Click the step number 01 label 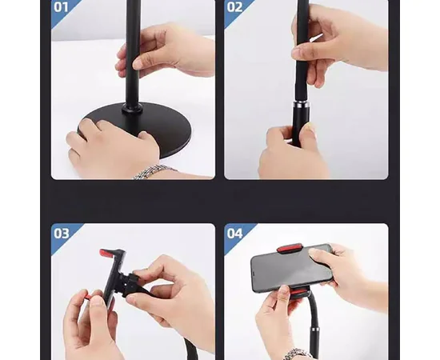coord(61,7)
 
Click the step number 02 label coord(234,7)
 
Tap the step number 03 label coord(61,233)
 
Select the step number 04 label coord(234,233)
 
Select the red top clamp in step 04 coord(290,249)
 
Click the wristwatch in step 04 coord(294,354)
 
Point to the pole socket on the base coord(132,108)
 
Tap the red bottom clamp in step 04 coord(298,293)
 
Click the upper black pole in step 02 coord(302,50)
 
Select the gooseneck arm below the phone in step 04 coord(310,322)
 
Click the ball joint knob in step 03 coord(130,284)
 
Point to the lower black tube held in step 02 coord(300,126)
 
